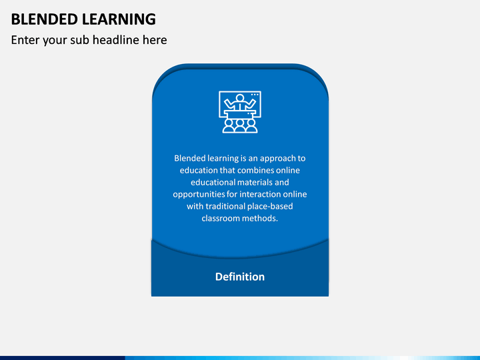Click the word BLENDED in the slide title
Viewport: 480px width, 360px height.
(41, 19)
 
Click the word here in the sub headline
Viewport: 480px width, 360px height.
(154, 40)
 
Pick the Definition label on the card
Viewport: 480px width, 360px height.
(240, 277)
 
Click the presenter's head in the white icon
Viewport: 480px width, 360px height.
(240, 99)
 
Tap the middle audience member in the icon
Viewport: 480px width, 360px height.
(240, 125)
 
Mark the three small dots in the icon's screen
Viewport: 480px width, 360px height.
(254, 95)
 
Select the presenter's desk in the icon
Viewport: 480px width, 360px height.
(240, 113)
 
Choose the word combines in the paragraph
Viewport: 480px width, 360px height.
(265, 171)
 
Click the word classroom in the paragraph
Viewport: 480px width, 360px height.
(223, 219)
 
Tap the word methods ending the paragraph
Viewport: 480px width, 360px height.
(262, 219)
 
